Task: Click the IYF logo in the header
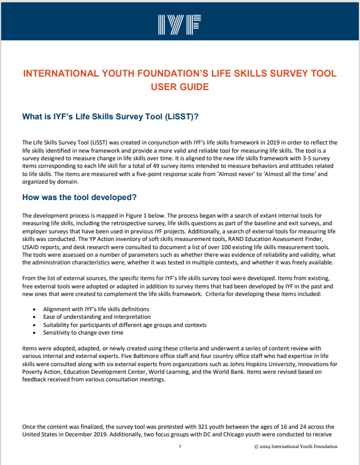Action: (x=179, y=23)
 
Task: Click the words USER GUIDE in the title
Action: (x=179, y=87)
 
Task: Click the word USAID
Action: (x=32, y=246)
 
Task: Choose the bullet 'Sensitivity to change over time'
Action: (x=83, y=332)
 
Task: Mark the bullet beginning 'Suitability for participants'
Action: (x=124, y=325)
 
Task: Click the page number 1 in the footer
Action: (x=180, y=447)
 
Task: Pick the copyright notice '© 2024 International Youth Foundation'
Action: (x=296, y=447)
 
